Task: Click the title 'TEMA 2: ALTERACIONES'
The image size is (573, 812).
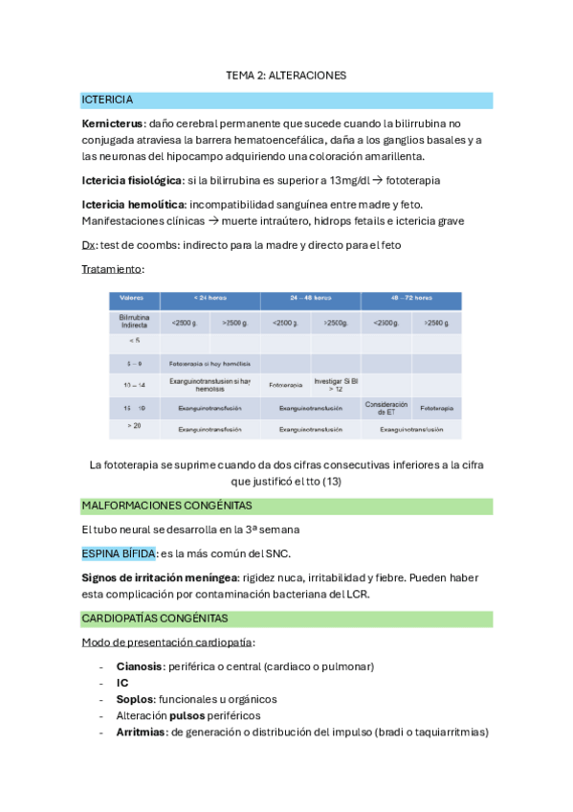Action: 286,75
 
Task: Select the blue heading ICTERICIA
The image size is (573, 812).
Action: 108,100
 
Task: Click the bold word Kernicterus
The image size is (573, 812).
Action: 112,124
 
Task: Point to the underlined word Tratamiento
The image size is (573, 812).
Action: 113,269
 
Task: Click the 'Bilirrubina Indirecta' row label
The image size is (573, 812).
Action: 134,321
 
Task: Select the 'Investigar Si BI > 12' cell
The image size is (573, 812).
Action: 335,385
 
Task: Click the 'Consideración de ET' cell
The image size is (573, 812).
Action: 386,407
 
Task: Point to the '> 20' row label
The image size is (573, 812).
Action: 134,425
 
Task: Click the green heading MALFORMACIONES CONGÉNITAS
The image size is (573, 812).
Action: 167,505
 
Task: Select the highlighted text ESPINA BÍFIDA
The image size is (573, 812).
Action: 119,553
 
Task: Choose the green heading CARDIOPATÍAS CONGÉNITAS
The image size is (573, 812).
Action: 155,618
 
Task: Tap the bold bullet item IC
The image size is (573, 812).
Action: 122,683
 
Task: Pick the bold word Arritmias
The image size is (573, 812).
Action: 141,733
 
